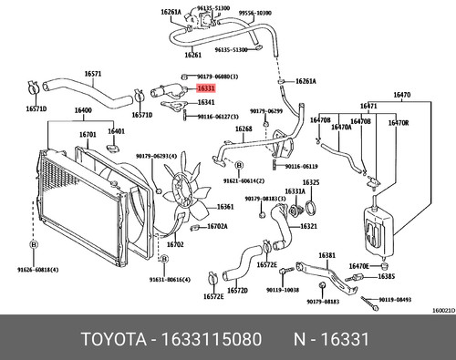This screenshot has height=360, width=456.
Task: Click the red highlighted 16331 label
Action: (206, 89)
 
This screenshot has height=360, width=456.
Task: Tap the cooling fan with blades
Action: (179, 189)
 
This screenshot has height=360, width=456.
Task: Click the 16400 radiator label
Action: (83, 110)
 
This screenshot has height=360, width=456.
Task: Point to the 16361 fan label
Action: (225, 207)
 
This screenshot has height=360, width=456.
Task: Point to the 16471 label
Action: (368, 107)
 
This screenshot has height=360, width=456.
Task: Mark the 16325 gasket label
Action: (311, 182)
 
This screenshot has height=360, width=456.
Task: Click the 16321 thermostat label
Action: (309, 226)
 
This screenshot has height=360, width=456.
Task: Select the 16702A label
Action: (217, 226)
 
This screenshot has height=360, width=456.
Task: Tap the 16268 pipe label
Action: (243, 129)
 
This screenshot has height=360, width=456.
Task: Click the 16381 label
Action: (326, 256)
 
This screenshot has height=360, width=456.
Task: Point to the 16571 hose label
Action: (67, 75)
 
